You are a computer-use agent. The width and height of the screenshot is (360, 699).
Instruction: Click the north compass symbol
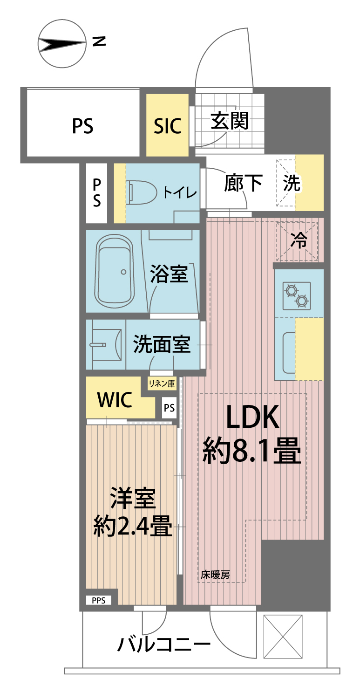62,44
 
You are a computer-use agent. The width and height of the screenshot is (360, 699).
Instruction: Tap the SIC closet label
168,125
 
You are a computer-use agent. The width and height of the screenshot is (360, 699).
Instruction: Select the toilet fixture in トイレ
140,192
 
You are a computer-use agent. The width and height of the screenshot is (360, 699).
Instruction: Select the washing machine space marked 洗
292,184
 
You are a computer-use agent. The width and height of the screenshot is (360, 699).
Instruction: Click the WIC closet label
115,400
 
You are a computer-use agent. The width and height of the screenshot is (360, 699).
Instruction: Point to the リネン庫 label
162,384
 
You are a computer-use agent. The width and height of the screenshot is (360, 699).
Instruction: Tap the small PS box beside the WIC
169,408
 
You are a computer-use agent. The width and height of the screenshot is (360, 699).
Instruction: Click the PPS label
98,601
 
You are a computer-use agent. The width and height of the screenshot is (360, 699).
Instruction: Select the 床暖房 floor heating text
215,575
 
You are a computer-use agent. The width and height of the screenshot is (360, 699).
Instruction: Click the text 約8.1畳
251,450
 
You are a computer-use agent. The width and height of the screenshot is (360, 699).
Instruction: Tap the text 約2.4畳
133,527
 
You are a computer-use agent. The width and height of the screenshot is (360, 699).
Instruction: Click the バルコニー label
163,645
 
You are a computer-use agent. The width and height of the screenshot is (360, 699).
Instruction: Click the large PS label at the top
82,125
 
